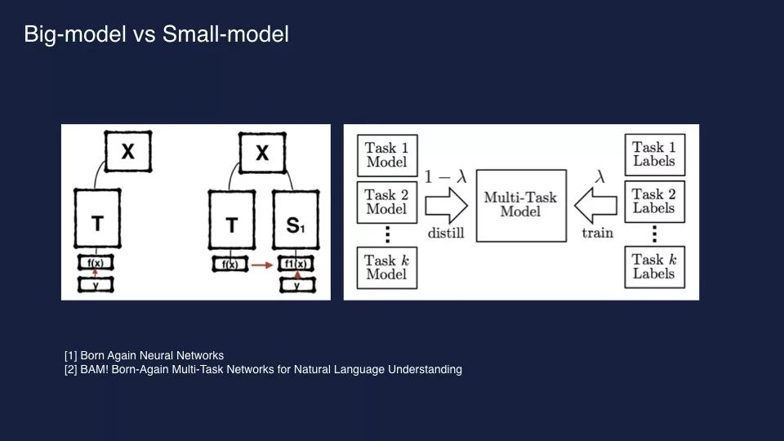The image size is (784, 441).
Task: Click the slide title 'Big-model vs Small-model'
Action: click(x=156, y=35)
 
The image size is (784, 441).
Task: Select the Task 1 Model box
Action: click(x=387, y=155)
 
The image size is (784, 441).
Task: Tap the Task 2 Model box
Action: click(x=387, y=202)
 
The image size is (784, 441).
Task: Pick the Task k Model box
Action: click(x=387, y=267)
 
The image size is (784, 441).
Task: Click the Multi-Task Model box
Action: click(x=520, y=205)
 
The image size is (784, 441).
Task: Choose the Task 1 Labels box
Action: click(x=654, y=154)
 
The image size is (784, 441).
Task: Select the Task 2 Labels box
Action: click(x=654, y=201)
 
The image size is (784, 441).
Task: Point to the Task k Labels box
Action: click(x=654, y=266)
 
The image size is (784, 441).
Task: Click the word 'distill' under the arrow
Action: click(x=446, y=233)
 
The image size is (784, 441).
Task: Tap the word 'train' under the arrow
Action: click(x=597, y=233)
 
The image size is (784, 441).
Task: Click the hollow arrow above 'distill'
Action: click(x=446, y=204)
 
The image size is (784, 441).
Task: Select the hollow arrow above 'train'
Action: click(x=597, y=204)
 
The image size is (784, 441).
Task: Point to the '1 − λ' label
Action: click(x=444, y=176)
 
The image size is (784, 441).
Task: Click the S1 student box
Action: click(x=296, y=220)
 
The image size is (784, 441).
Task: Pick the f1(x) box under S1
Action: click(x=296, y=265)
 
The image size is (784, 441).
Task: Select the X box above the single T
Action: click(x=128, y=151)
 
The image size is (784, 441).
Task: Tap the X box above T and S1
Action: click(x=262, y=153)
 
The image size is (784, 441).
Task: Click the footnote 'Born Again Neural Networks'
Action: click(x=144, y=356)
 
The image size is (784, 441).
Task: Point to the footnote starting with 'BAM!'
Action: click(x=263, y=370)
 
